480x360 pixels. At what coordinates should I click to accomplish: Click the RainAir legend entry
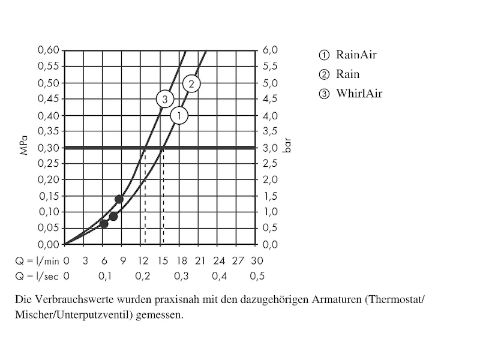(349, 55)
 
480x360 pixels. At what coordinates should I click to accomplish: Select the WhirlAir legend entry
(352, 94)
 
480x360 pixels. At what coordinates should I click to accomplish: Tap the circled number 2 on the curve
(191, 84)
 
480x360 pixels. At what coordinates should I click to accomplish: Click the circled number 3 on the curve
(165, 99)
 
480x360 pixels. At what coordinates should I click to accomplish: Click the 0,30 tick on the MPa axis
(49, 148)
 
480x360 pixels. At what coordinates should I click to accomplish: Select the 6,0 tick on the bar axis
(271, 50)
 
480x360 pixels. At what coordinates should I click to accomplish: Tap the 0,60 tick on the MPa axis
(49, 50)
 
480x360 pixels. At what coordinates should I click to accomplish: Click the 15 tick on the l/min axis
(162, 261)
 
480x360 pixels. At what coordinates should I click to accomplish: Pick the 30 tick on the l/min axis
(257, 261)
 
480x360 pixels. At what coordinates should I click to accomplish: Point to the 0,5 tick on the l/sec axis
(257, 276)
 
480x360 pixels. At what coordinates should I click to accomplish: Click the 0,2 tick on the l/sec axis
(143, 276)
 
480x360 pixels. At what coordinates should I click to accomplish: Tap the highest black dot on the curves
(119, 199)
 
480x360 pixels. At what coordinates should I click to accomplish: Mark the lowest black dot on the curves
(104, 224)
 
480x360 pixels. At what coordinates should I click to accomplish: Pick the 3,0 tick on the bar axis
(271, 148)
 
